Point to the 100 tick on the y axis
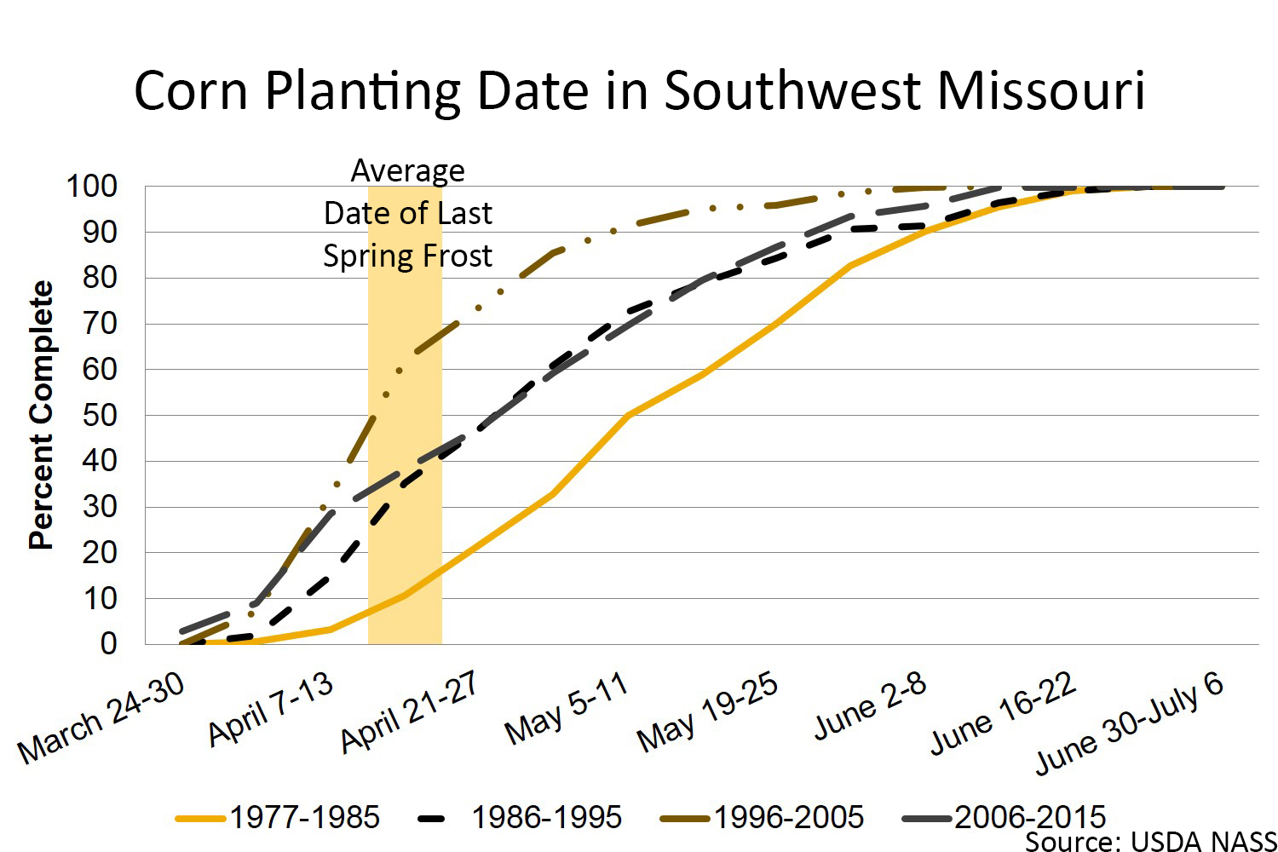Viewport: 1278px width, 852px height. point(92,186)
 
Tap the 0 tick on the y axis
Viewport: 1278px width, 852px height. point(108,643)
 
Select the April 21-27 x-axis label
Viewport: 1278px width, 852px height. point(409,711)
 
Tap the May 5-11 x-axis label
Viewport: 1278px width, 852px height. point(566,708)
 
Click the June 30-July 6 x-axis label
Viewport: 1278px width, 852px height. point(1130,723)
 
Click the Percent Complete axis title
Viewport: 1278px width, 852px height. point(41,415)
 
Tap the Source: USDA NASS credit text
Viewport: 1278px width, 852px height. point(1150,842)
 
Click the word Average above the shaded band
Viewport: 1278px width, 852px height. point(408,170)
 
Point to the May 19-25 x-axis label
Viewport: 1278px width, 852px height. point(708,711)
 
